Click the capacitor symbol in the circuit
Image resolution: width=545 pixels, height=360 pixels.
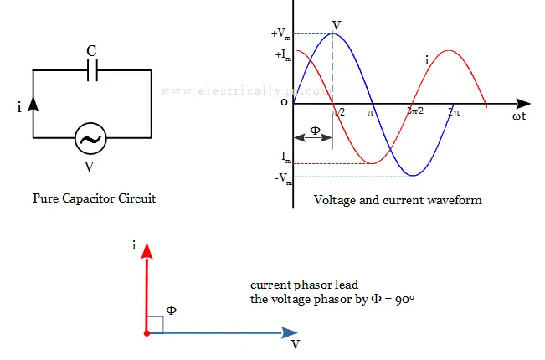coord(92,71)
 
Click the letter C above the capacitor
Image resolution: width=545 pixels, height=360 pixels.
coord(91,50)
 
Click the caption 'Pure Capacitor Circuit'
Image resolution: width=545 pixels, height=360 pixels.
coord(94,199)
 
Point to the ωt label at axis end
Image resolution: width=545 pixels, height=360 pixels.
coord(519,117)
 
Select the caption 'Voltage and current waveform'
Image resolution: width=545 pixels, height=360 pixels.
coord(398,201)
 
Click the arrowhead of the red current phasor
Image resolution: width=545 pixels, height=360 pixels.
coord(147,250)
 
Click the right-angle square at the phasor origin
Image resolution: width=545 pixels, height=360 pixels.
coord(156,325)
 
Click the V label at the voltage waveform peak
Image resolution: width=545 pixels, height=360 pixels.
coord(337,25)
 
